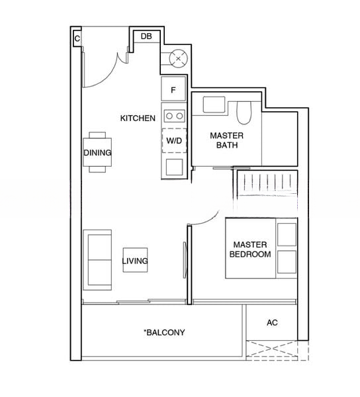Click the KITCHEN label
point(138,118)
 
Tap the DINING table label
point(97,153)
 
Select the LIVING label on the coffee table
point(135,261)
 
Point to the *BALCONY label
point(164,332)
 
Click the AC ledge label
point(272,323)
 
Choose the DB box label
point(146,36)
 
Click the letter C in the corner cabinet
point(77,39)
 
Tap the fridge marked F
point(173,89)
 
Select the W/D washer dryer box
point(174,140)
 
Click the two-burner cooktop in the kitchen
point(175,116)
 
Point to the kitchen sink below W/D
point(174,167)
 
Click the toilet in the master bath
point(244,112)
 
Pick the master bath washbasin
point(214,105)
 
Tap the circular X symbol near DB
point(179,59)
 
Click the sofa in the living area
point(97,260)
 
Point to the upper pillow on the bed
point(287,234)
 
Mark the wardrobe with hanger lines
point(267,183)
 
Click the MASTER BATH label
point(227,140)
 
